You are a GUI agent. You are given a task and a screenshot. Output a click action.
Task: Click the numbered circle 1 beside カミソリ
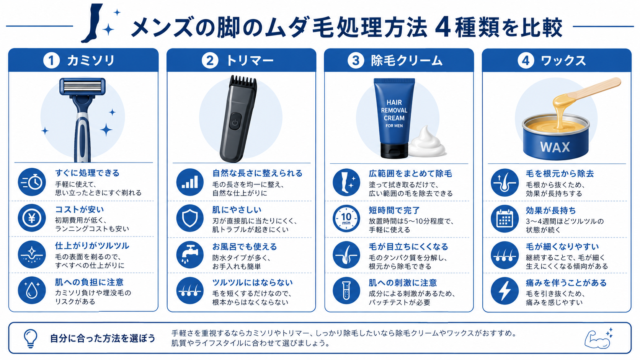click(x=51, y=60)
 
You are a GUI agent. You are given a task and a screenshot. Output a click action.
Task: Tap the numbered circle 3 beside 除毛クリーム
click(x=356, y=60)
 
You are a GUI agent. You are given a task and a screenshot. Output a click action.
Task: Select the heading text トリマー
click(x=250, y=61)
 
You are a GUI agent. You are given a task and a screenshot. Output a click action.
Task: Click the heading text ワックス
click(x=563, y=61)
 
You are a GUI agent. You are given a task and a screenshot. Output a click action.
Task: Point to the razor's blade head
click(x=82, y=86)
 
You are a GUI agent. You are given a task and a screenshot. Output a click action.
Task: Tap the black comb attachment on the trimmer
click(x=243, y=81)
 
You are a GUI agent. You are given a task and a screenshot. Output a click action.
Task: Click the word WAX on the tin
click(x=555, y=147)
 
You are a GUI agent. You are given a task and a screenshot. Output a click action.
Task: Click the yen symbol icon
click(x=32, y=218)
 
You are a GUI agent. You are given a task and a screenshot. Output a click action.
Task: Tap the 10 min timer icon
click(x=346, y=218)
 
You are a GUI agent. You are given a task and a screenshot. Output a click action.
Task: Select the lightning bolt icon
click(x=504, y=291)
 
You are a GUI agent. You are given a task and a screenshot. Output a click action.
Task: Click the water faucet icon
click(x=190, y=255)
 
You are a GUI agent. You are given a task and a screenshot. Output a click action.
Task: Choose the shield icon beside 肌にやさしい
click(x=190, y=218)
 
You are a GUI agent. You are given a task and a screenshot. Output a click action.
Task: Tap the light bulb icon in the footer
click(x=31, y=338)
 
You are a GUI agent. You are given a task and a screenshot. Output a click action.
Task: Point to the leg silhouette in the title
click(x=92, y=23)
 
